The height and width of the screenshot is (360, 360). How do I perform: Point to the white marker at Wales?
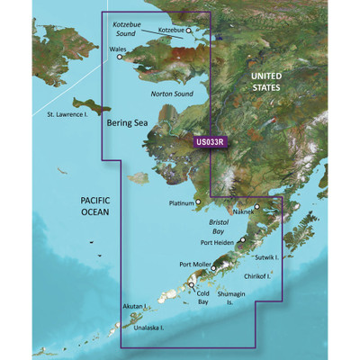120,56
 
